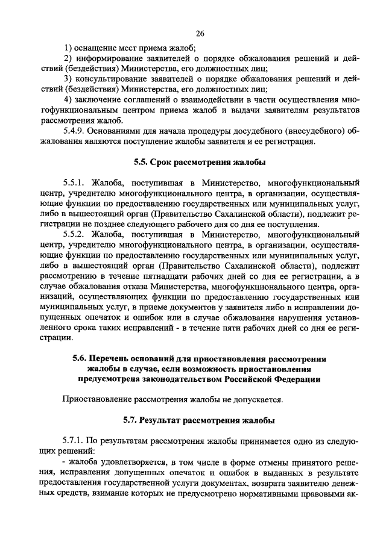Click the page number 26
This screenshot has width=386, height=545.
click(200, 33)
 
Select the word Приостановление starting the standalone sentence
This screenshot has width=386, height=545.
click(97, 399)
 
